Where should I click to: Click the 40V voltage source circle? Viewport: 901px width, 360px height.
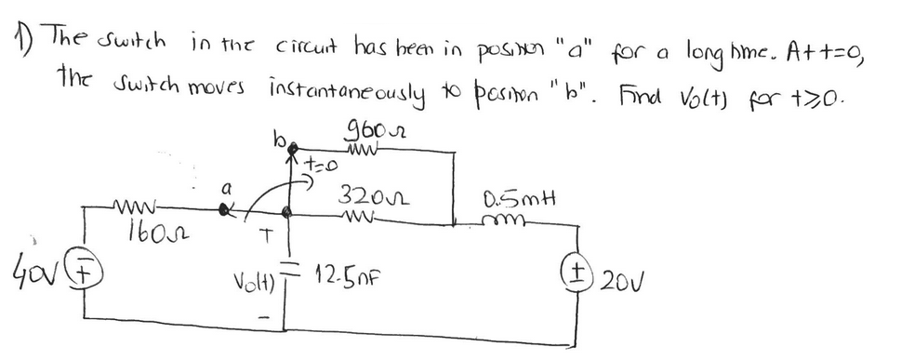point(86,273)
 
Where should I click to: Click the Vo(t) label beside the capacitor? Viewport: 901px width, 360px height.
point(253,278)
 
